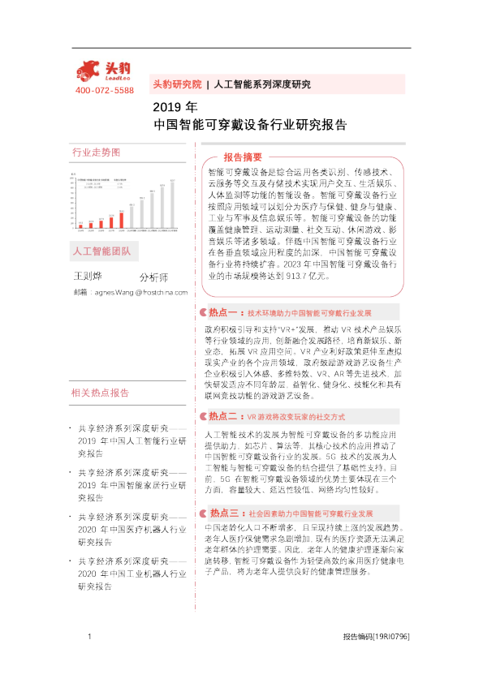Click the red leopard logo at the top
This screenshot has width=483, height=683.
coord(103,69)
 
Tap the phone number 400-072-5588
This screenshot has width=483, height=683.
coord(103,89)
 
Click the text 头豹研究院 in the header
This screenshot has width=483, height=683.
coord(177,84)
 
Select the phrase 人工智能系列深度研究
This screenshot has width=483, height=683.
coord(261,84)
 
